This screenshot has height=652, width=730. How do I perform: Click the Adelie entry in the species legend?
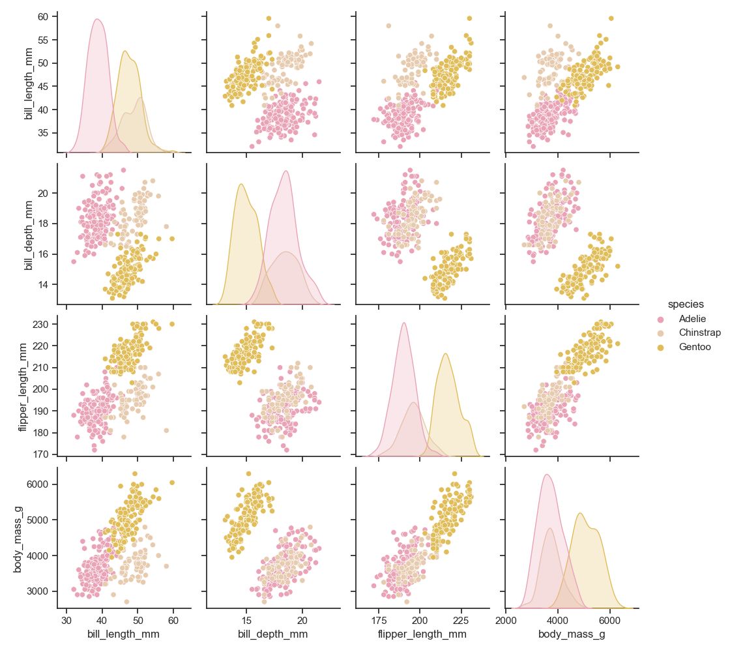[x=692, y=319]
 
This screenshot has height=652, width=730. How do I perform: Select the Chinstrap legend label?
[x=699, y=333]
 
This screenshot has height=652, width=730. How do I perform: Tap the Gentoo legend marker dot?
[x=661, y=348]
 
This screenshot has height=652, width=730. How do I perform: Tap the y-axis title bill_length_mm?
[x=29, y=82]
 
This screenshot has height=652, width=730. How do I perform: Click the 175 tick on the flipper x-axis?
[x=378, y=617]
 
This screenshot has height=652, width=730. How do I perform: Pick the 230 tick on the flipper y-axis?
[x=42, y=324]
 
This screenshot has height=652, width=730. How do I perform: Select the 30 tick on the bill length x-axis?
[x=66, y=617]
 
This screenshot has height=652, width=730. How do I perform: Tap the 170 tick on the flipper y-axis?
[x=42, y=454]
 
